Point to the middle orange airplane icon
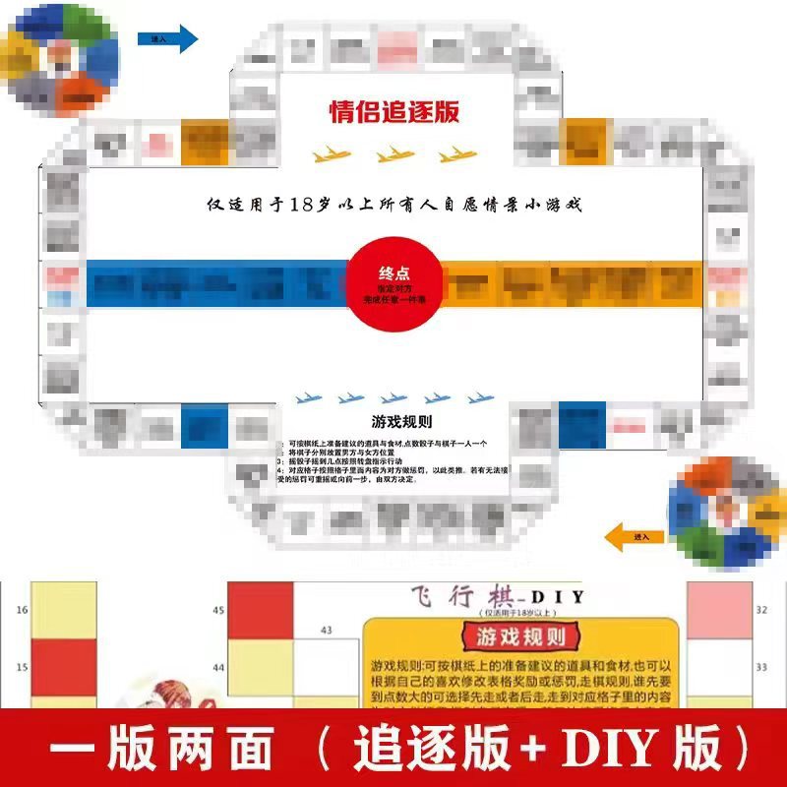(394, 154)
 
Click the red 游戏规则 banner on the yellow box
(520, 636)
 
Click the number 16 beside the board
(22, 610)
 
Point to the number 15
(22, 668)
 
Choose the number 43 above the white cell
(325, 630)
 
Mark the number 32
(761, 610)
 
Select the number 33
(761, 667)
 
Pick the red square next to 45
(261, 614)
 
